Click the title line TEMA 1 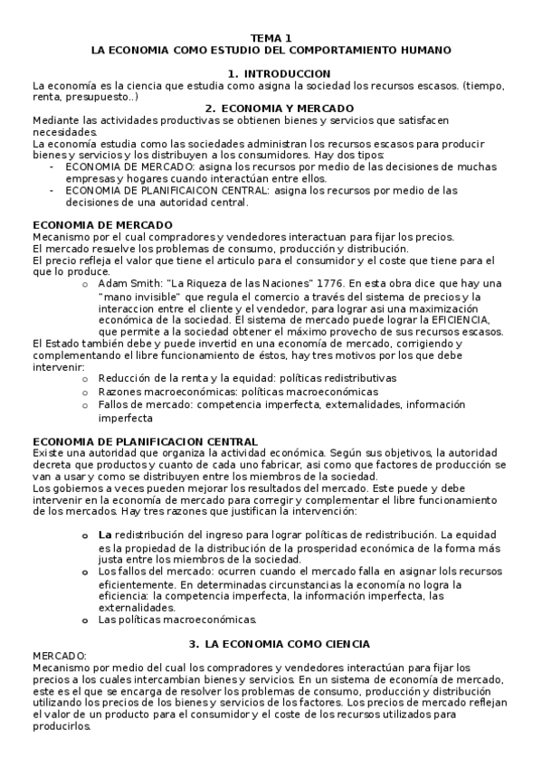(x=271, y=38)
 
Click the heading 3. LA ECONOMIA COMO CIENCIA (x=278, y=643)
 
